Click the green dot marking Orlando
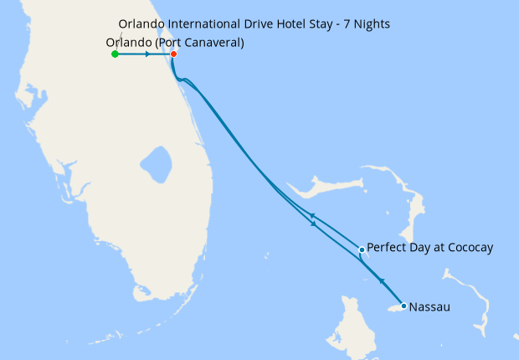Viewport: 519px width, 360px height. click(x=115, y=54)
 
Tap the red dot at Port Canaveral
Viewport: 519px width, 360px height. click(x=173, y=54)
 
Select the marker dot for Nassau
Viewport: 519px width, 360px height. click(x=403, y=306)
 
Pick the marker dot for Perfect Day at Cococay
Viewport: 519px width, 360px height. click(x=362, y=249)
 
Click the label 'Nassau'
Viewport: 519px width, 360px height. click(x=429, y=307)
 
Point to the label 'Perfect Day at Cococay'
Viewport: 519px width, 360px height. click(x=430, y=248)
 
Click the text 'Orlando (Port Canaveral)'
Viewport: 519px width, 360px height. click(x=176, y=43)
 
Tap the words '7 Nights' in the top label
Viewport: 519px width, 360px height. click(x=366, y=23)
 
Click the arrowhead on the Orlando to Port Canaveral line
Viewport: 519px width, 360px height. click(x=147, y=54)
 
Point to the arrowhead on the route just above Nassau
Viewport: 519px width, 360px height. click(x=382, y=281)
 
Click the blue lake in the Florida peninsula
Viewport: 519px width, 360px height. click(x=157, y=160)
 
